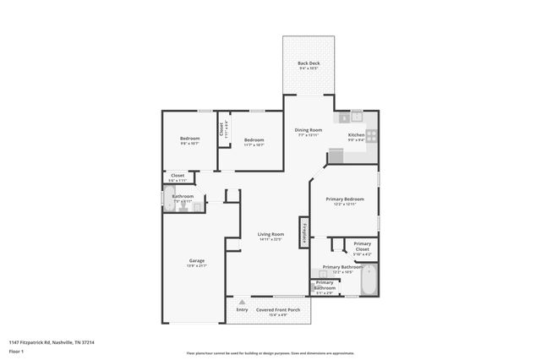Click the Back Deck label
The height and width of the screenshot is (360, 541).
coord(308,65)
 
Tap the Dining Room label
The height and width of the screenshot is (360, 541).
coord(308,132)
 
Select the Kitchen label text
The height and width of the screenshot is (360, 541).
coord(357,137)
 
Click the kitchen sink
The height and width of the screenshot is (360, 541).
coord(356,117)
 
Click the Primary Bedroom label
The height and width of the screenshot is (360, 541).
coord(344,201)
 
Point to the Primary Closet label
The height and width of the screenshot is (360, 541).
coord(362,247)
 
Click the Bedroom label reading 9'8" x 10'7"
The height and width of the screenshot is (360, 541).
coord(189,140)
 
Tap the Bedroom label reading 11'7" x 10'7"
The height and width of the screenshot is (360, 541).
coord(254,142)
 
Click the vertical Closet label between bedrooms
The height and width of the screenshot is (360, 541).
coord(222,129)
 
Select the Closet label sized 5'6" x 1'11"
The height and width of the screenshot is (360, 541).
coord(177,177)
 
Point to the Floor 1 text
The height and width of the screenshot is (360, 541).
coord(16,350)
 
